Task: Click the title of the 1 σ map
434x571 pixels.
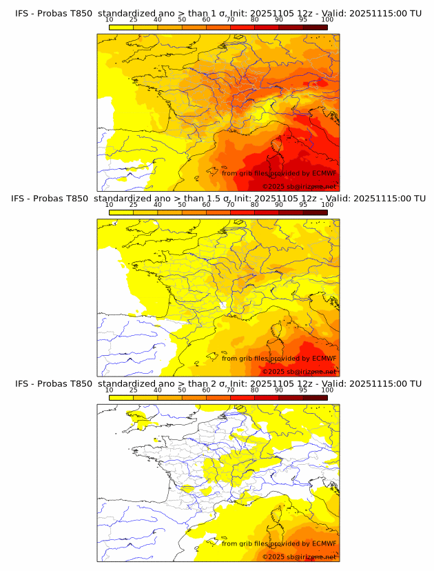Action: [218, 13]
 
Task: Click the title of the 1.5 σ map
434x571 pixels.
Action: [218, 198]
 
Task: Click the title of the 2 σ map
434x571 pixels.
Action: [218, 383]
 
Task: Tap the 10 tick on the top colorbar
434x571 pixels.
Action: [109, 20]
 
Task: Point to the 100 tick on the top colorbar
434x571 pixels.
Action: [327, 20]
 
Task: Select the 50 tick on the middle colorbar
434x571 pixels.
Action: [182, 205]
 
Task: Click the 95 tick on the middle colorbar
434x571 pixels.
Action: [303, 205]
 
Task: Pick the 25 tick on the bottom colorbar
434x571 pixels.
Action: [133, 390]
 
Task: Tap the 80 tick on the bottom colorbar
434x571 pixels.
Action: [254, 390]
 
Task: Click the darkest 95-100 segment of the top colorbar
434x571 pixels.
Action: [315, 27]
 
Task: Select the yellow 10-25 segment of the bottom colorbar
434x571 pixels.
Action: [121, 397]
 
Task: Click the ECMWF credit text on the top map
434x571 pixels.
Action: [279, 173]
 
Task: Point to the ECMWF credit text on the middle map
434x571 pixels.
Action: [279, 358]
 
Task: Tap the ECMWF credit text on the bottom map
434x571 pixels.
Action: [279, 543]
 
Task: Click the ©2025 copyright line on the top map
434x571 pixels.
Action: [299, 187]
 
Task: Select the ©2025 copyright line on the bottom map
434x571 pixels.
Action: [299, 557]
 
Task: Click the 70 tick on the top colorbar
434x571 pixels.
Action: [230, 20]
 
